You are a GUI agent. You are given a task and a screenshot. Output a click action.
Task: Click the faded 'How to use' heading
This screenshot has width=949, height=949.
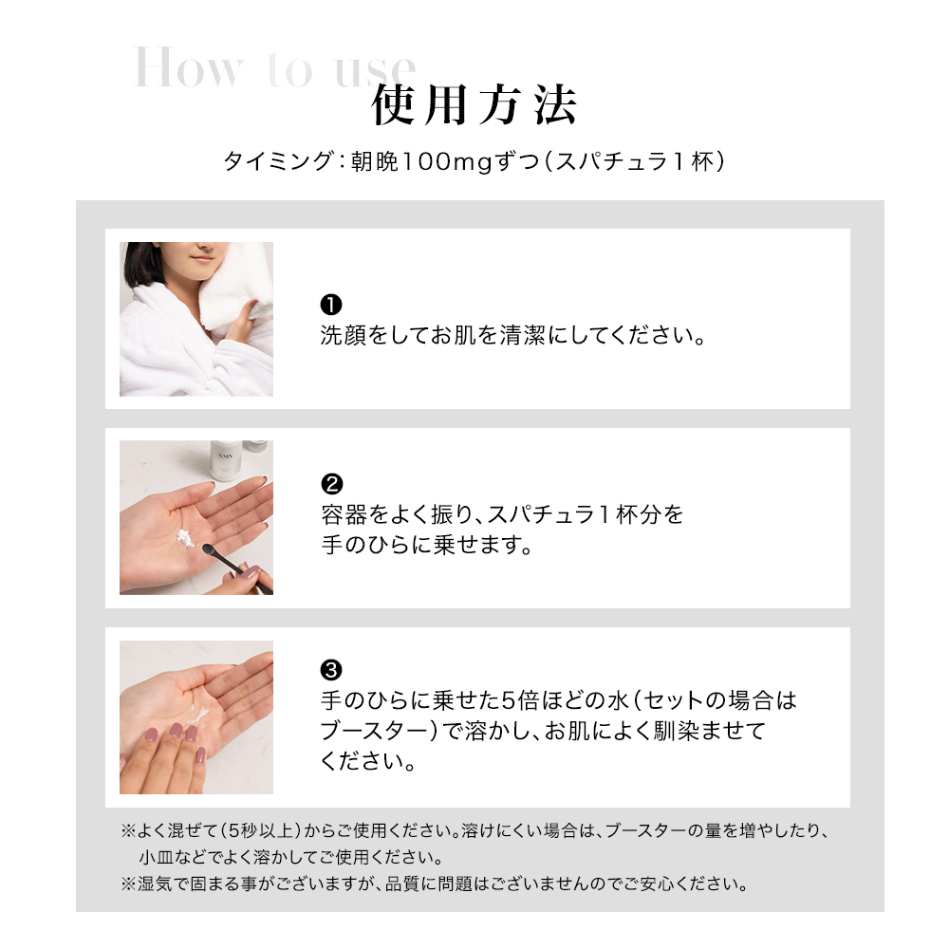point(275,66)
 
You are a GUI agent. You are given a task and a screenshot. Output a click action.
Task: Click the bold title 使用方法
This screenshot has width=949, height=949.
point(474,105)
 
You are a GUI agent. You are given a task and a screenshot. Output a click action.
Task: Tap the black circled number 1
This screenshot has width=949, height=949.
point(331,305)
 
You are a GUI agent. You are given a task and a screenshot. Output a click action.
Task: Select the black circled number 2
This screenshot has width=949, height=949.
point(331,484)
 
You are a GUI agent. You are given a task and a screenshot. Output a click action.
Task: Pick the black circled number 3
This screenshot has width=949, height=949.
point(331,670)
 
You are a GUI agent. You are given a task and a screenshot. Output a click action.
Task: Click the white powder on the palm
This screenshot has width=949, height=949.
point(185,538)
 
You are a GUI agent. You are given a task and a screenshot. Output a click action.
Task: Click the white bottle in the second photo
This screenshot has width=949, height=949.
point(225,460)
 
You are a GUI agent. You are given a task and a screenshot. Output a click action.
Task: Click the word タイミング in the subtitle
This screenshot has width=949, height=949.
point(278,161)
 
